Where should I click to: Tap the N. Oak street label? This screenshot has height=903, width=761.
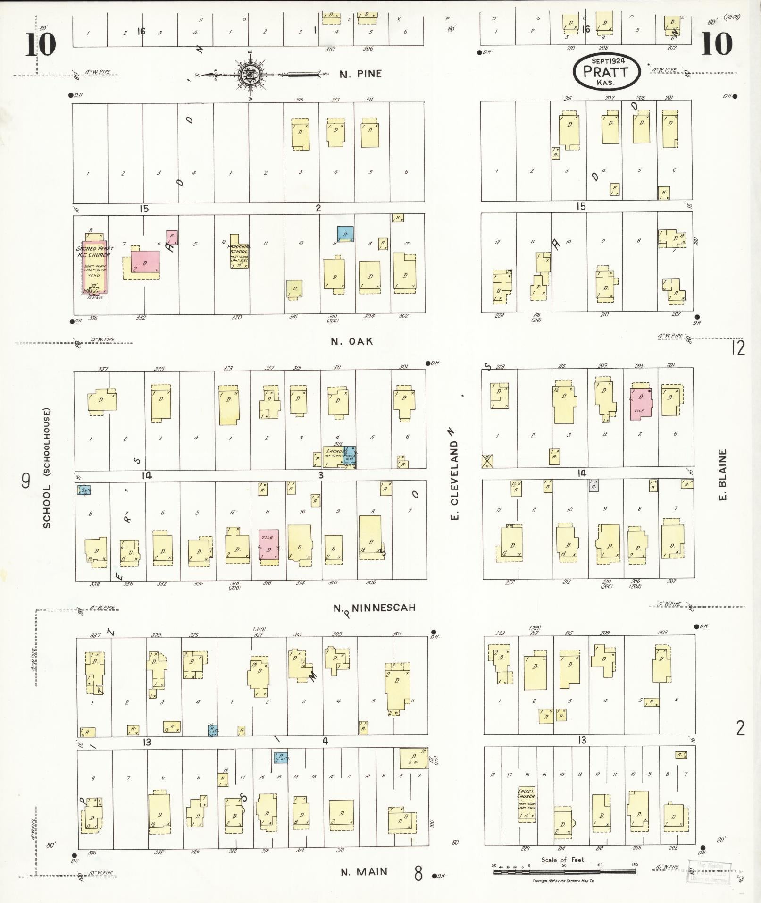click(x=351, y=341)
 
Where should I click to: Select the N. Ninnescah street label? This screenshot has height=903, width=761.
click(x=375, y=608)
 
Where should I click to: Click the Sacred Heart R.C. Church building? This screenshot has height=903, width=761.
click(x=94, y=267)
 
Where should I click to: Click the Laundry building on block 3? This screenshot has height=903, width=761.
click(x=338, y=456)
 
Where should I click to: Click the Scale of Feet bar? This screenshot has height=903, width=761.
click(x=564, y=871)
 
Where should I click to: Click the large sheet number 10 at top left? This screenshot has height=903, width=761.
click(x=40, y=44)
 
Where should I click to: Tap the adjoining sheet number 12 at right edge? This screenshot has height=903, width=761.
click(x=738, y=348)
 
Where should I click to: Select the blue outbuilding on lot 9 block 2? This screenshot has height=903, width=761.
click(x=345, y=234)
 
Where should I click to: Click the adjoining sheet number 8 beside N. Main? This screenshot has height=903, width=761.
click(x=418, y=873)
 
